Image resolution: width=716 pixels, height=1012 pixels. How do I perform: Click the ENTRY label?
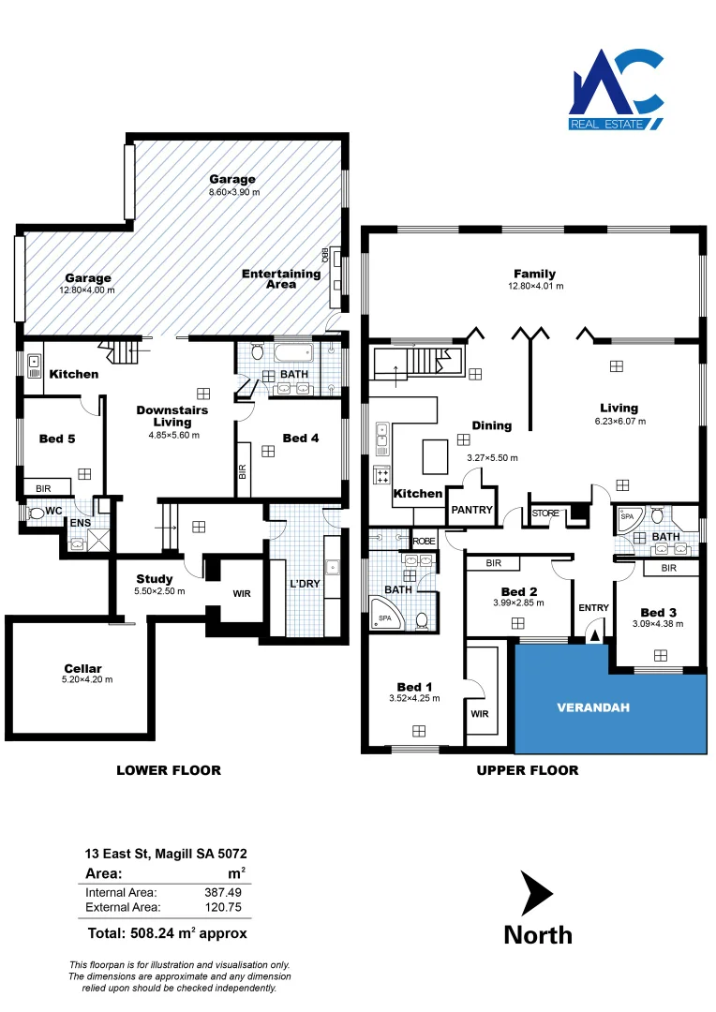pyautogui.click(x=593, y=608)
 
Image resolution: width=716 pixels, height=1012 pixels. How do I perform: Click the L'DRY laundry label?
pyautogui.click(x=306, y=584)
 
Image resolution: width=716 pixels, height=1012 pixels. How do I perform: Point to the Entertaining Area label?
pyautogui.click(x=281, y=279)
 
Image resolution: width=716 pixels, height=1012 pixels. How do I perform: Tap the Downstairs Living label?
pyautogui.click(x=172, y=416)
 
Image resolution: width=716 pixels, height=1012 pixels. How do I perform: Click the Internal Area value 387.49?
pyautogui.click(x=223, y=893)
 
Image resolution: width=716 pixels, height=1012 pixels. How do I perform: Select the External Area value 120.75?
pyautogui.click(x=223, y=907)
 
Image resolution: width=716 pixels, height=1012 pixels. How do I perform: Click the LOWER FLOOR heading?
pyautogui.click(x=169, y=770)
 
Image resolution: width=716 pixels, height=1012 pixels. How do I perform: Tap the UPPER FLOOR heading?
pyautogui.click(x=528, y=770)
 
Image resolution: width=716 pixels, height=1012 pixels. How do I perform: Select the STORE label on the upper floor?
pyautogui.click(x=545, y=513)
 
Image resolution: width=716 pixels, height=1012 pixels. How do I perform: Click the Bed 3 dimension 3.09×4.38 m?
pyautogui.click(x=657, y=623)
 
